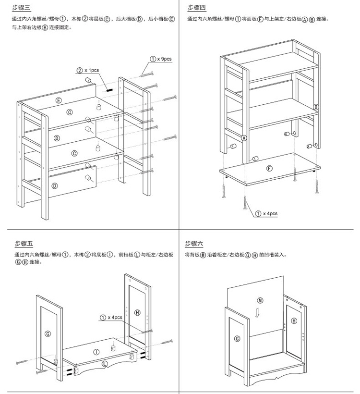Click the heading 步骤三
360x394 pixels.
21,8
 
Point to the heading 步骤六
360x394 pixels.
194,244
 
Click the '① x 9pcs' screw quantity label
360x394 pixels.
161,59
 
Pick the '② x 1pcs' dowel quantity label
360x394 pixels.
87,70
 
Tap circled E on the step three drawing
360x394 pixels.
59,100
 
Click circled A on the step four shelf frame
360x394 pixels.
243,138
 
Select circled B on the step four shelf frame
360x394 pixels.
316,107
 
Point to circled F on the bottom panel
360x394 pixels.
269,168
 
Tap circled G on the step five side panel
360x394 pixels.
47,333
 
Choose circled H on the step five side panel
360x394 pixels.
137,312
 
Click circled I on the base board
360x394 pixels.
96,352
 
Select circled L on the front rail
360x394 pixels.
105,365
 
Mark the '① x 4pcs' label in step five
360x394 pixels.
111,317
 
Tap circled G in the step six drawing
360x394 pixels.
237,339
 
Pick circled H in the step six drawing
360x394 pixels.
294,320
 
